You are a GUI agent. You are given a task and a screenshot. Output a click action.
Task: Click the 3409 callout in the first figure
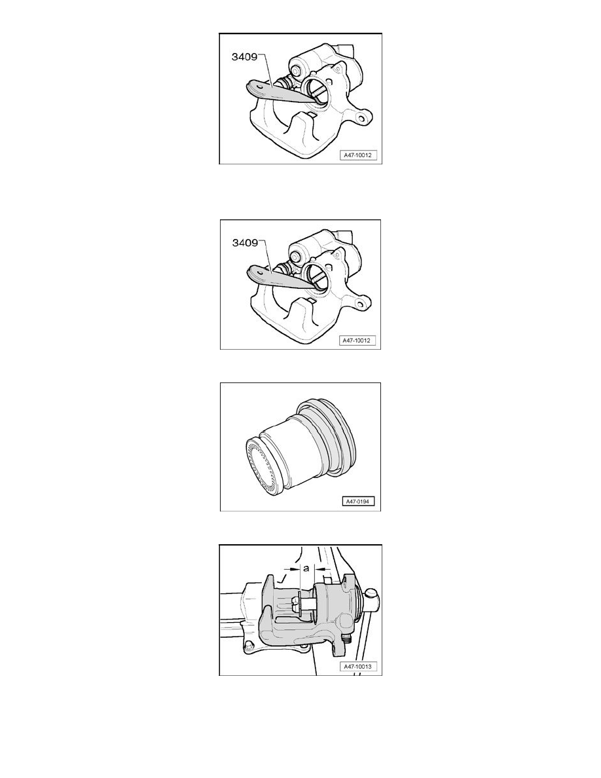coord(244,56)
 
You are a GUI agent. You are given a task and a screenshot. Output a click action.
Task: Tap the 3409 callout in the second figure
coord(245,242)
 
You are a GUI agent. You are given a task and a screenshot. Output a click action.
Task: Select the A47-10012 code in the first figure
coord(357,155)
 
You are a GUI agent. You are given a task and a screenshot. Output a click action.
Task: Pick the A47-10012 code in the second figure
coord(357,341)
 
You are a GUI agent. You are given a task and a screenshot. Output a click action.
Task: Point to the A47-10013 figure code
coord(357,667)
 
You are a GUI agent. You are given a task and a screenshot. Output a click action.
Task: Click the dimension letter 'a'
coord(306,568)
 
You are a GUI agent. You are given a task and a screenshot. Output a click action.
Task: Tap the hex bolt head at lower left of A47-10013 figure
coord(248,646)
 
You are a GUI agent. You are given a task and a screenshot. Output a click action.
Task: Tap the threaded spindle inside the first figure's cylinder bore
coord(318,91)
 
